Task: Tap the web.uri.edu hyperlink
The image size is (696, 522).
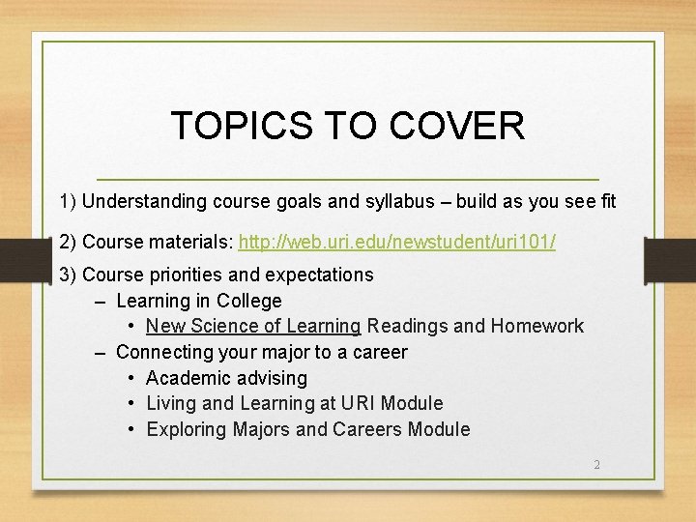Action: [x=397, y=242]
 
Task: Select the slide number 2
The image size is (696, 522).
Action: [x=596, y=465]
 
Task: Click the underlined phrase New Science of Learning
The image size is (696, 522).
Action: [x=253, y=327]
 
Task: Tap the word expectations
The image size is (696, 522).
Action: [x=319, y=275]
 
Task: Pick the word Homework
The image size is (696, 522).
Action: [x=536, y=327]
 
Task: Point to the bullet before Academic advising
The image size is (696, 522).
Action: [x=131, y=378]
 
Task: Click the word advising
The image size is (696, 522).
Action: [x=268, y=378]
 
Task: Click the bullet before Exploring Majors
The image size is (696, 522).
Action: [x=131, y=429]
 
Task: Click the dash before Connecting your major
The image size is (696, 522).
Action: [x=101, y=352]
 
